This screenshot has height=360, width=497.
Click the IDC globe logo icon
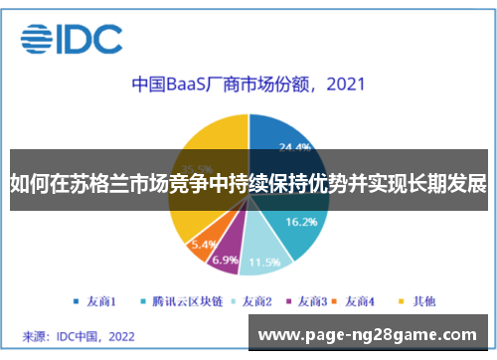click(x=37, y=39)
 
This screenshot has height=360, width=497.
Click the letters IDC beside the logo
click(x=91, y=39)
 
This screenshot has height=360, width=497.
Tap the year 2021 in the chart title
click(x=337, y=85)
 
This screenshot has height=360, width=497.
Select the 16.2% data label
click(x=301, y=222)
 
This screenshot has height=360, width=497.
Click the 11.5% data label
click(x=262, y=263)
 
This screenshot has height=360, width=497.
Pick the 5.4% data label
click(x=203, y=244)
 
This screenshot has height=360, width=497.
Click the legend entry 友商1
click(x=96, y=299)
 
